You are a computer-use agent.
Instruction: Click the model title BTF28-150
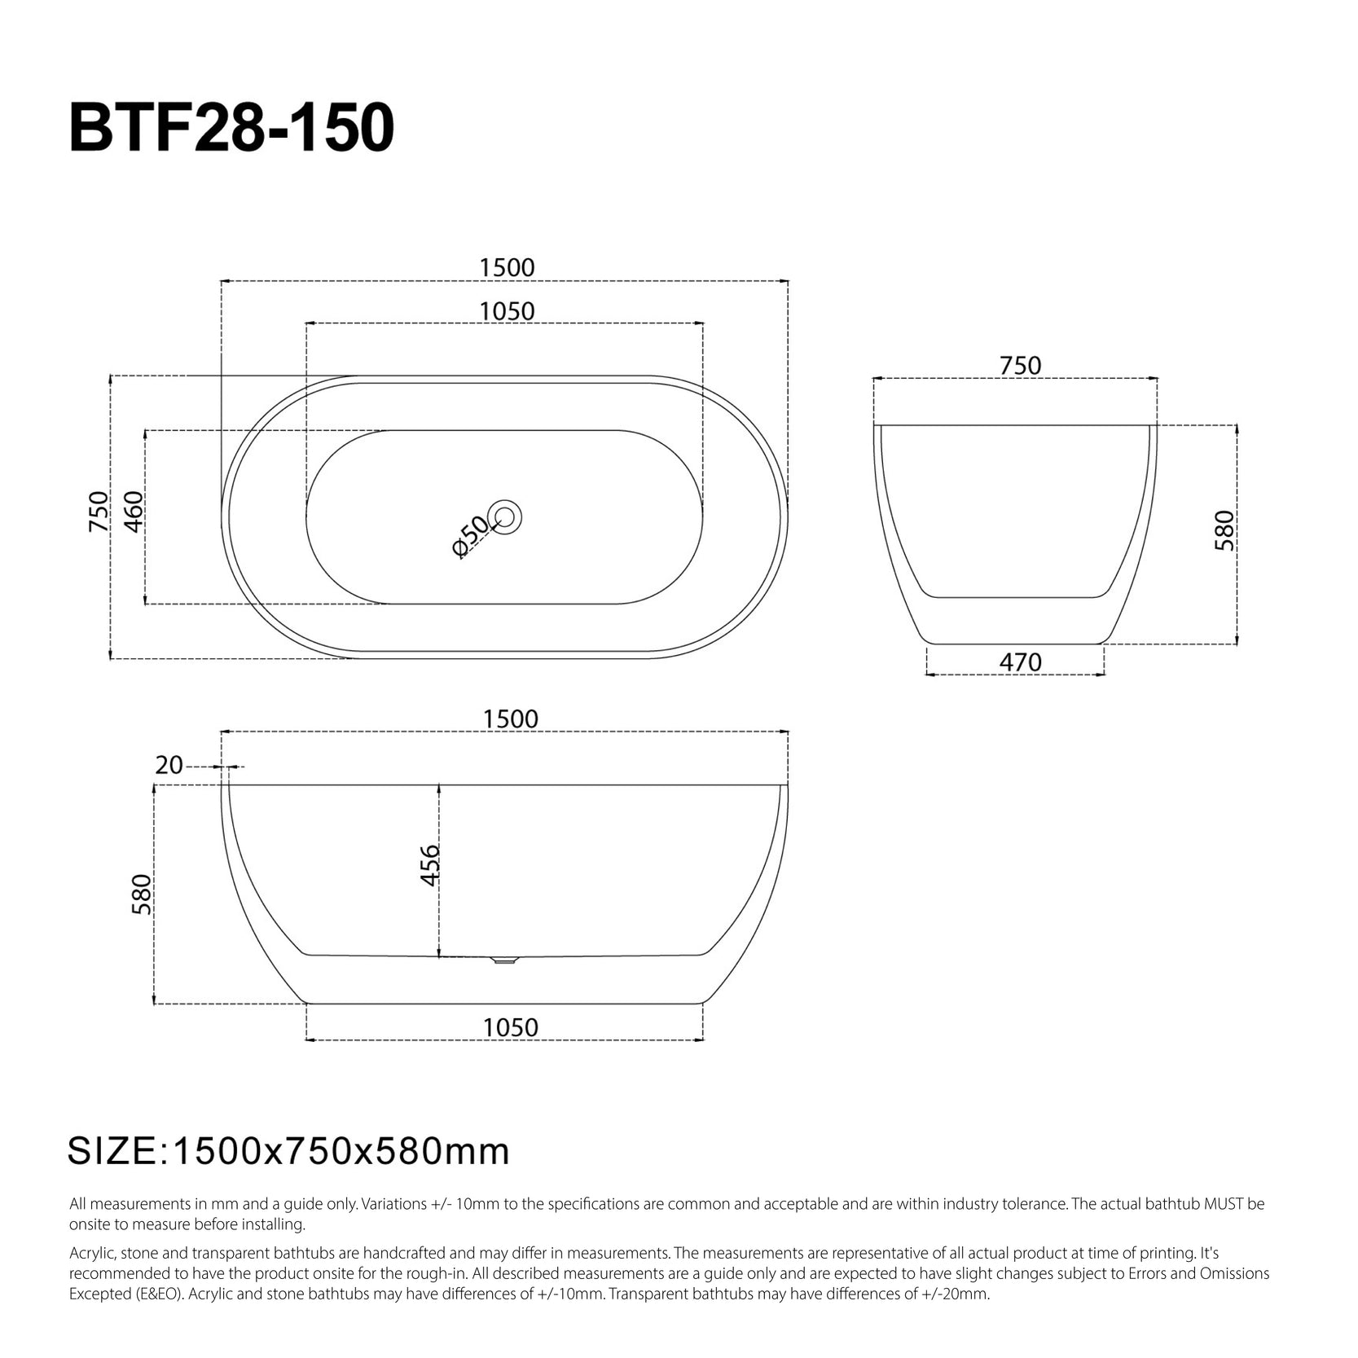(232, 128)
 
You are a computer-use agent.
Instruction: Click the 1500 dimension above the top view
(507, 267)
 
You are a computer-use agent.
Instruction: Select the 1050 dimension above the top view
(507, 311)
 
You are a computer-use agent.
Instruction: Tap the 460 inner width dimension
(134, 512)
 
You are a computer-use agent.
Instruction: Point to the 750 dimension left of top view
(99, 512)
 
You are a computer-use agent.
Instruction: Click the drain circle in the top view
(504, 516)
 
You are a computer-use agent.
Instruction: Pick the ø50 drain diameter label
(470, 536)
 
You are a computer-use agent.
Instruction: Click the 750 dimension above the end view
(1020, 365)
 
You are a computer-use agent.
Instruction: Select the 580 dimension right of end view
(1224, 530)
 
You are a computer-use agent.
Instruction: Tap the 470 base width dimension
(1020, 661)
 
